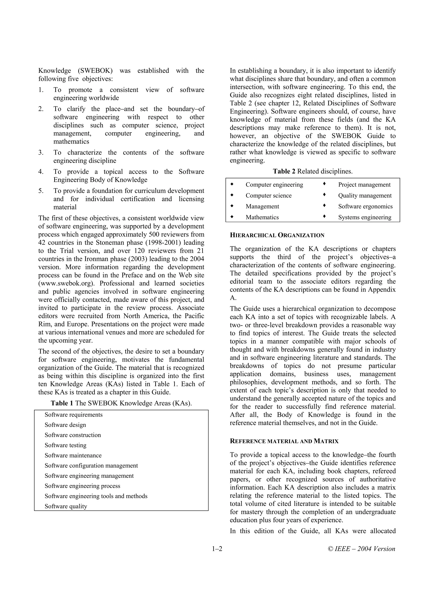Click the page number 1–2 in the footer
click(217, 549)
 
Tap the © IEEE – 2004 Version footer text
click(361, 549)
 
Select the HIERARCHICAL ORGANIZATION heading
click(277, 235)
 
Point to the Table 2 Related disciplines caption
click(312, 171)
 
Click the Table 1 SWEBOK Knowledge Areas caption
click(121, 403)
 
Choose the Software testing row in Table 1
click(65, 445)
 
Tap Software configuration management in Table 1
click(91, 465)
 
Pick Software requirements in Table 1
click(74, 415)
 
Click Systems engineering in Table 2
click(364, 217)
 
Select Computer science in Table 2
click(268, 196)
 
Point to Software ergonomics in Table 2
click(365, 206)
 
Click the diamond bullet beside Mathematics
click(232, 217)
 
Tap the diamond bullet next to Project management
click(324, 184)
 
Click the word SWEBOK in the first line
click(95, 71)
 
